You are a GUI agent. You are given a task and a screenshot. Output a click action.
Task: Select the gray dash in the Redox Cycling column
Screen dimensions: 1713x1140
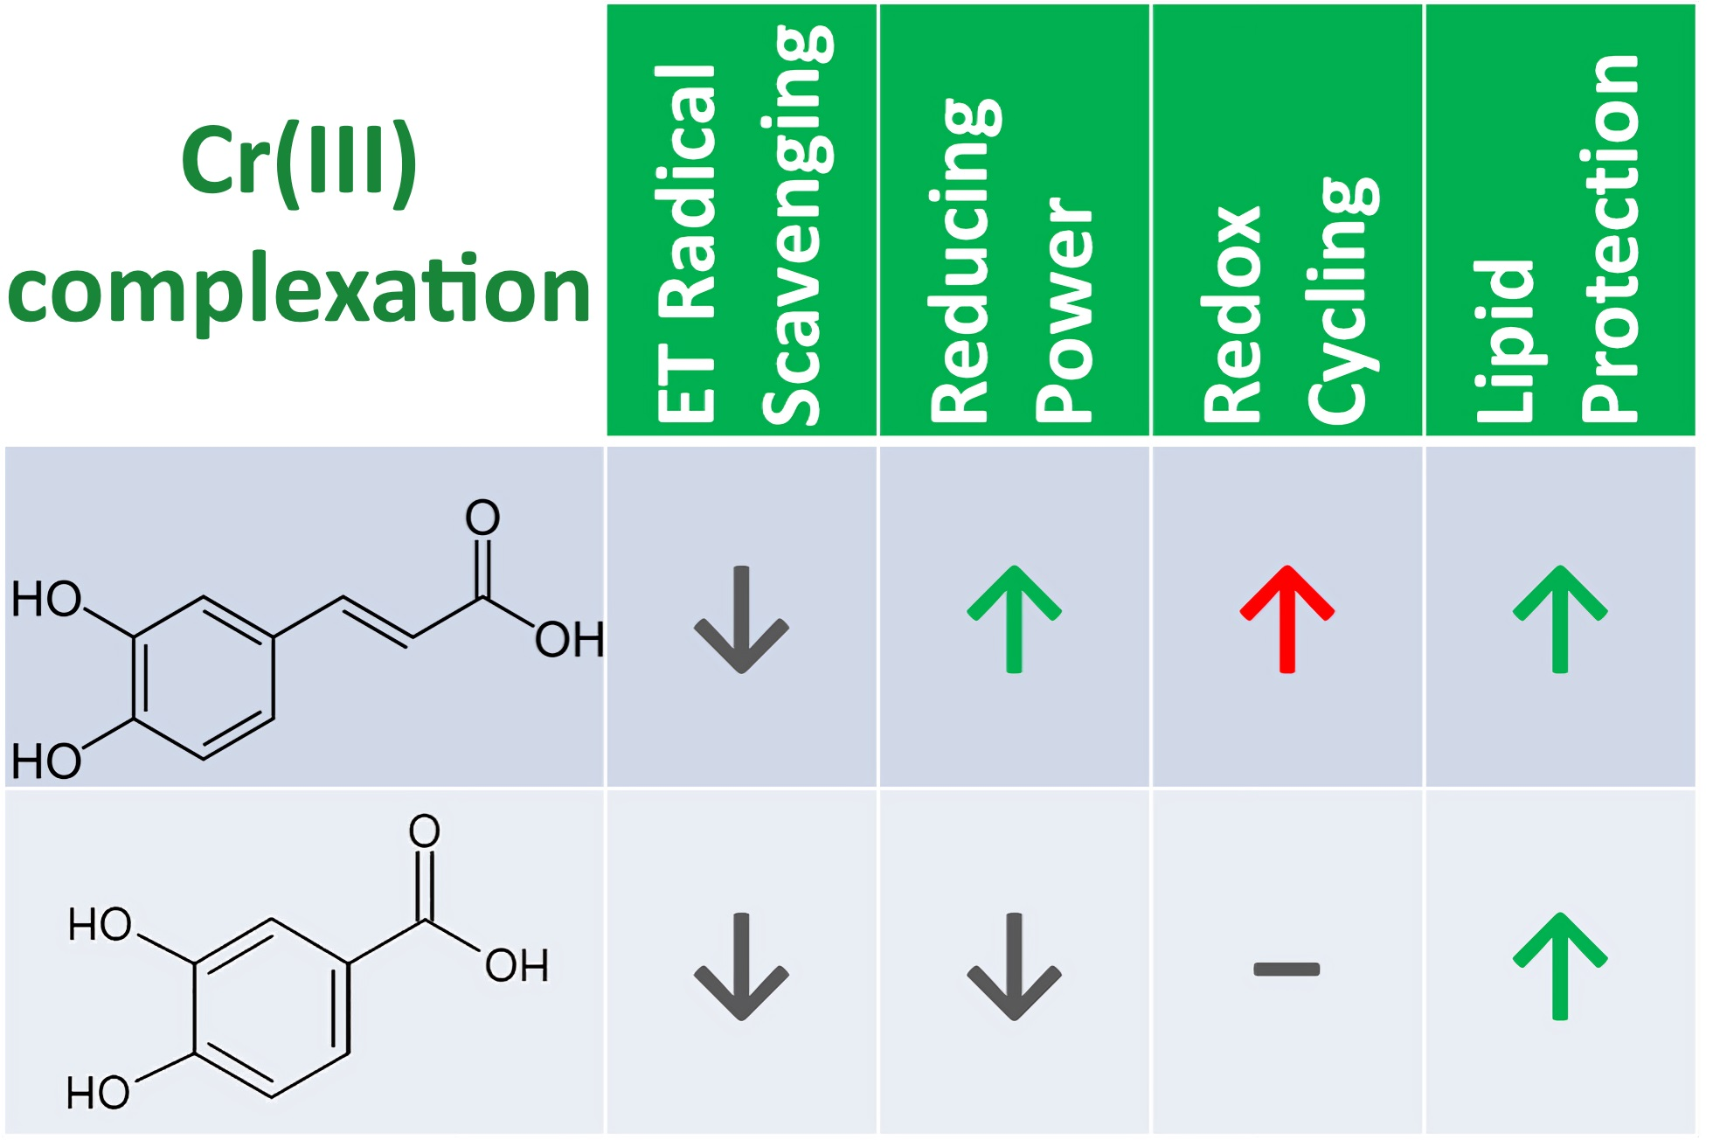(1286, 969)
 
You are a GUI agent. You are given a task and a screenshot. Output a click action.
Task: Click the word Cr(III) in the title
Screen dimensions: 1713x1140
(299, 162)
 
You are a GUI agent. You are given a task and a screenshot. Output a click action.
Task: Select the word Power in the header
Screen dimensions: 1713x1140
(1065, 310)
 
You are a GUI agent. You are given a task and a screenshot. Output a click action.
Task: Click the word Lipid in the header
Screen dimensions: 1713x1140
(1505, 341)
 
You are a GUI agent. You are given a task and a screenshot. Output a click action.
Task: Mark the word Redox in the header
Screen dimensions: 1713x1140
(1232, 315)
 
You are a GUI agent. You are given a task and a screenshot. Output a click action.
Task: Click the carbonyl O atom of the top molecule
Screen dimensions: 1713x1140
(482, 518)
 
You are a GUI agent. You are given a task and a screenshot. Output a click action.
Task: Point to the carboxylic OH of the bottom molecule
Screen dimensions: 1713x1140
(517, 966)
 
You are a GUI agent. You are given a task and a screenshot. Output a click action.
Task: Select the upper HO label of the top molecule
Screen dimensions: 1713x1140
(45, 600)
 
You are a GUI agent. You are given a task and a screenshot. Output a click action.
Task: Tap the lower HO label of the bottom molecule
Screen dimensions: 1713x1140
(98, 1093)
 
